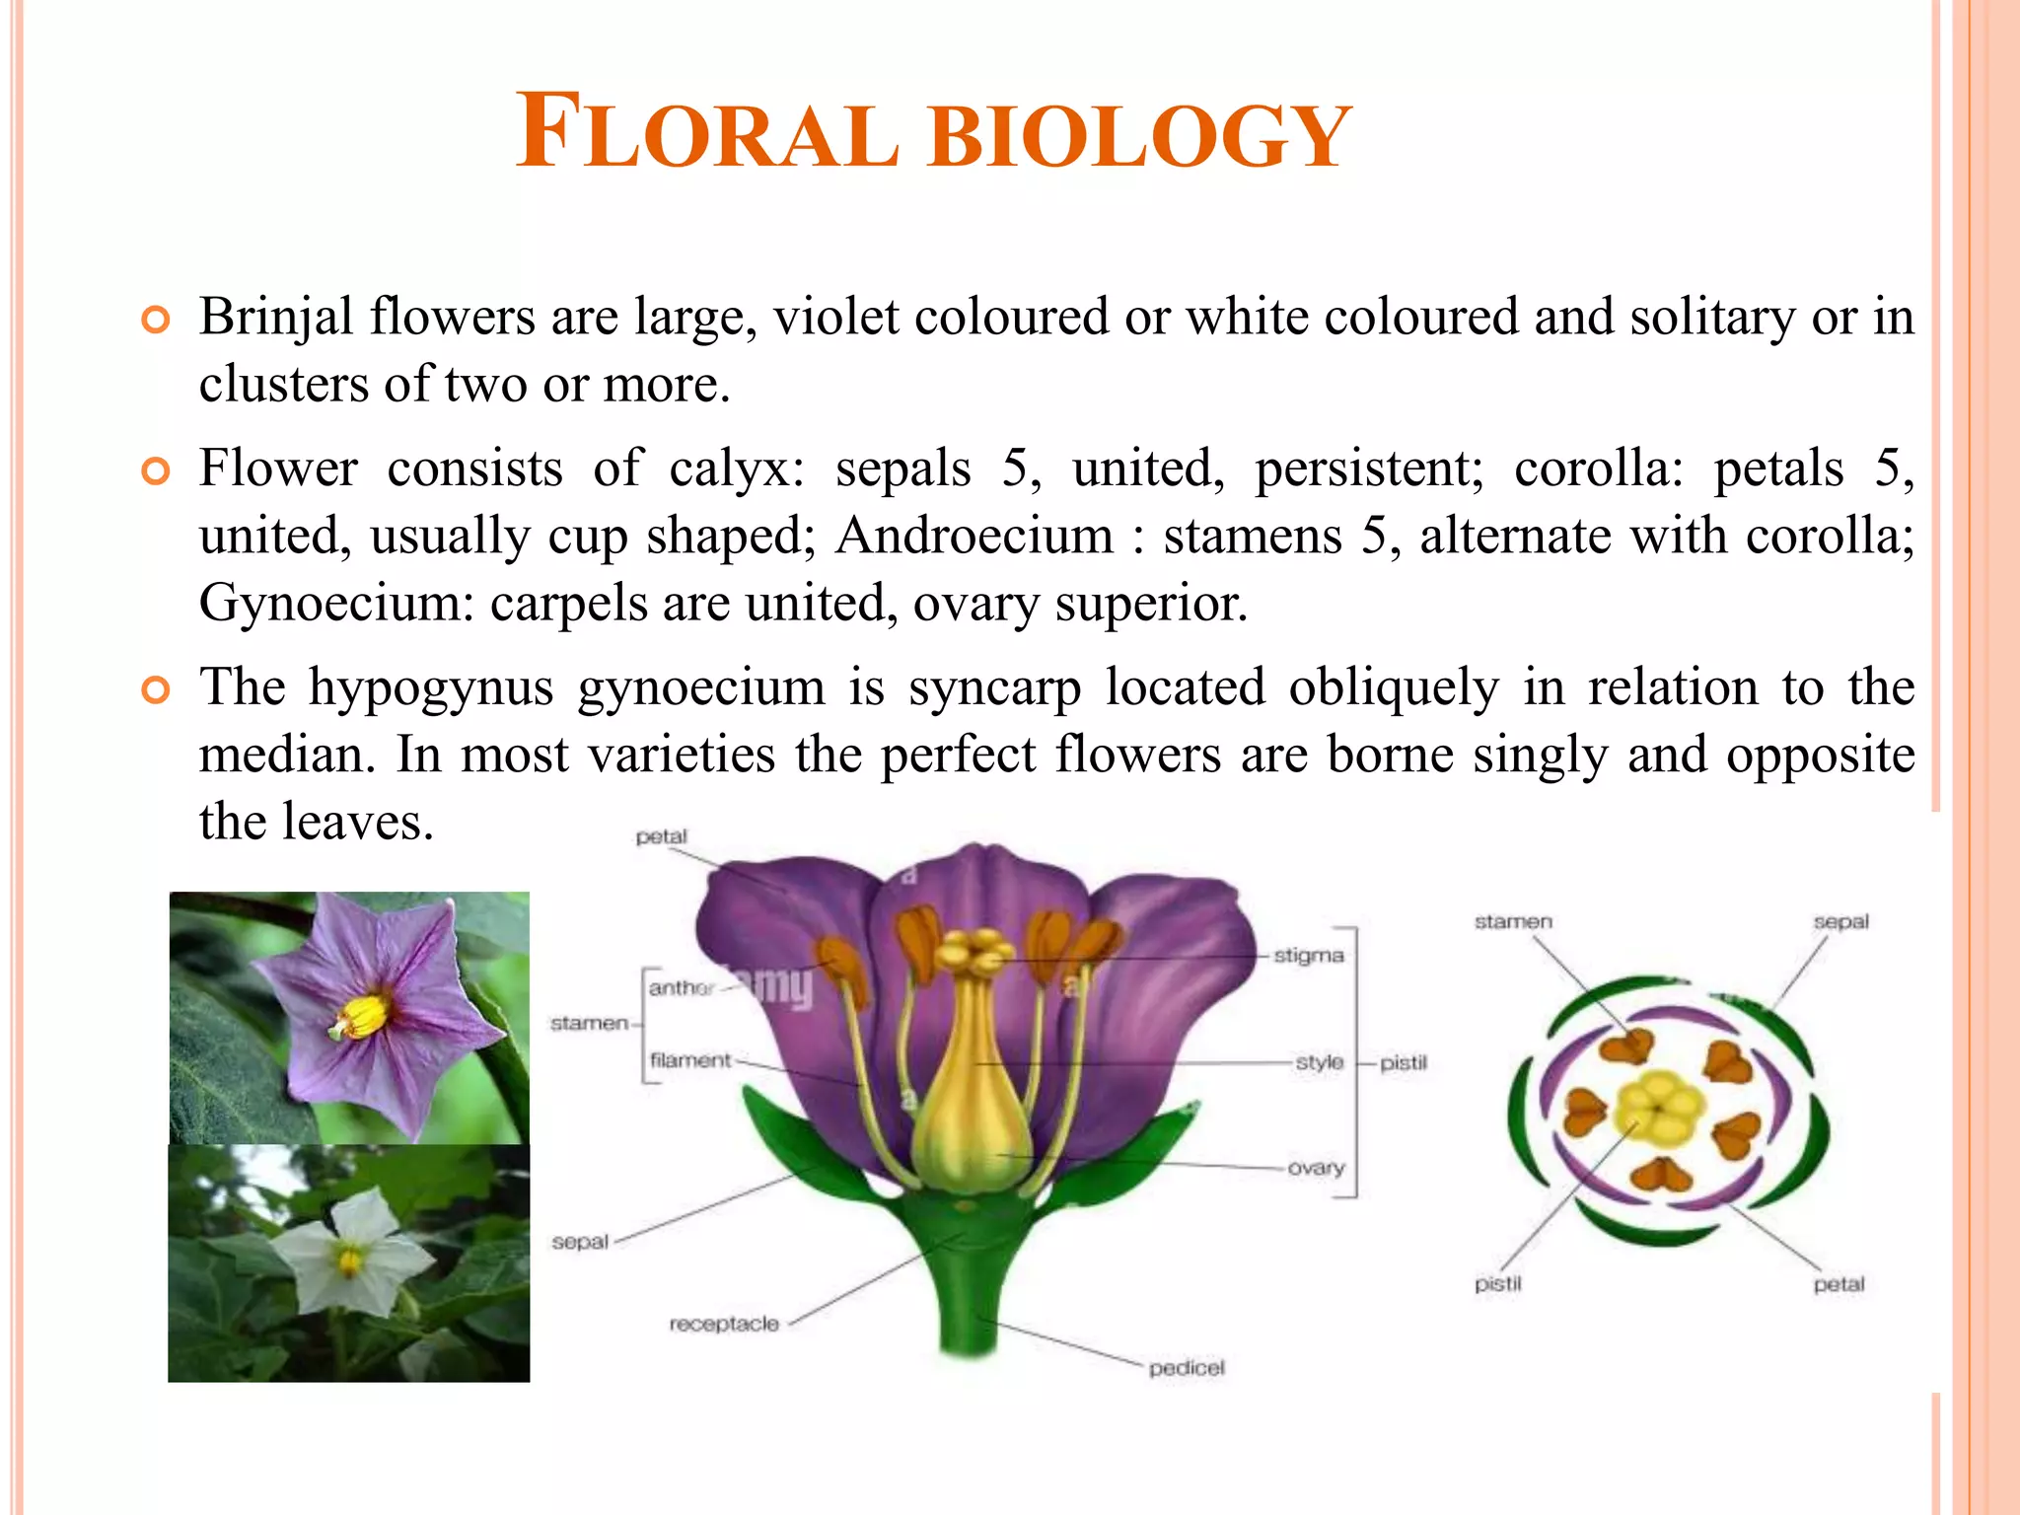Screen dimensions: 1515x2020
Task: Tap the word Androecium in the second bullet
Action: (974, 537)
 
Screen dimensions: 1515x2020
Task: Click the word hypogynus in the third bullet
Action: (431, 686)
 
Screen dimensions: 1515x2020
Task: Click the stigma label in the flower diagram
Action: (1308, 956)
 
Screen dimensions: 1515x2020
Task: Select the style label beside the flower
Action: (1319, 1062)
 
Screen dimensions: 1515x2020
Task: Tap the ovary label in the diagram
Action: (1316, 1168)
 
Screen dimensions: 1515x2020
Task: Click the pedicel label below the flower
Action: (1187, 1368)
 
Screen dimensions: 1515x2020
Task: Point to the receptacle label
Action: (724, 1324)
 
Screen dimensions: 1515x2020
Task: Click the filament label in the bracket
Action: (690, 1060)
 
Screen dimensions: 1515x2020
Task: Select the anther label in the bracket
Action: (681, 987)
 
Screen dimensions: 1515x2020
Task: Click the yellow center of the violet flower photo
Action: (363, 1016)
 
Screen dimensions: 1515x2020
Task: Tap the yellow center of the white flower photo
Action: (349, 1259)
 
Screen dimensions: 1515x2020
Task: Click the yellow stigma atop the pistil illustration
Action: (974, 952)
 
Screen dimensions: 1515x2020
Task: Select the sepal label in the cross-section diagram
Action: (1840, 921)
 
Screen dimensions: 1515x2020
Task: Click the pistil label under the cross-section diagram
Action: (1497, 1284)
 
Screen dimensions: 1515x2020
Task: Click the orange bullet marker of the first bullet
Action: (156, 320)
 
